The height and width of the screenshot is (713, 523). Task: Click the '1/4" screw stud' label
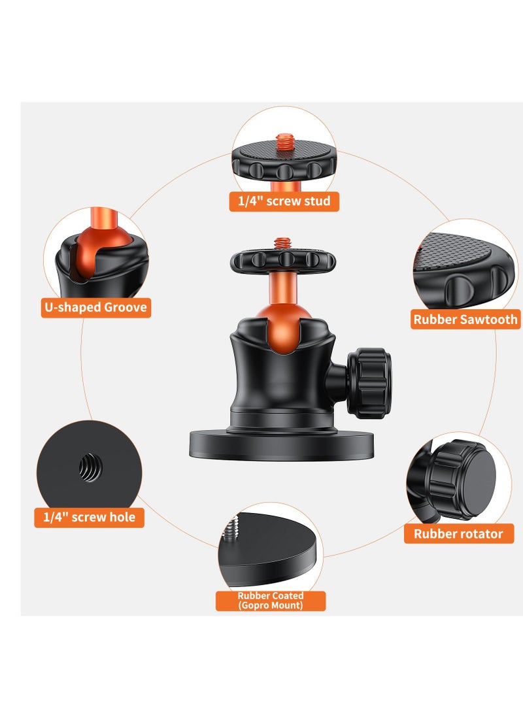[284, 201]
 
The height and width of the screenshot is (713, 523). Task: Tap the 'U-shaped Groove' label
[96, 307]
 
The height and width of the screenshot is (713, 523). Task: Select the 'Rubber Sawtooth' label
[465, 320]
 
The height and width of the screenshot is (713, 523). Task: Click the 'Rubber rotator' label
[458, 534]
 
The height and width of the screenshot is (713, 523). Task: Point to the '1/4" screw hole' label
[89, 517]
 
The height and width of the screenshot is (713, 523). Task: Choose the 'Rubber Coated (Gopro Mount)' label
[271, 601]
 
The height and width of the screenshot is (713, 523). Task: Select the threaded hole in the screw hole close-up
[89, 467]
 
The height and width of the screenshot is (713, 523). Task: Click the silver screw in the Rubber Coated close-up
[231, 527]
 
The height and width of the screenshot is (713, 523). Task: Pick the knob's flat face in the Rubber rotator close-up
[474, 471]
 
